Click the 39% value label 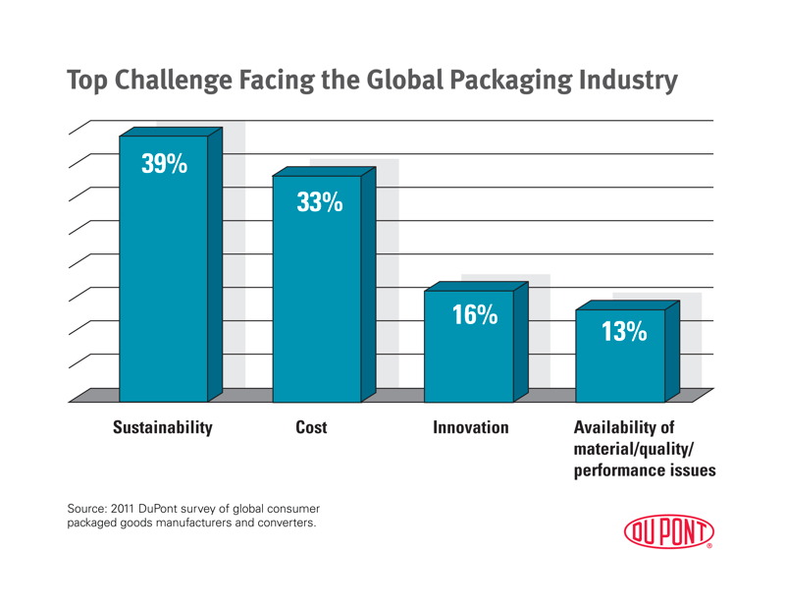(x=164, y=164)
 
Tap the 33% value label (x=319, y=203)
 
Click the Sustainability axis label (x=163, y=428)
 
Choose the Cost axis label (x=311, y=428)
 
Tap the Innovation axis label (x=471, y=428)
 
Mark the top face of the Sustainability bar (x=172, y=131)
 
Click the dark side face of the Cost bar (x=369, y=285)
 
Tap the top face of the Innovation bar (x=476, y=286)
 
